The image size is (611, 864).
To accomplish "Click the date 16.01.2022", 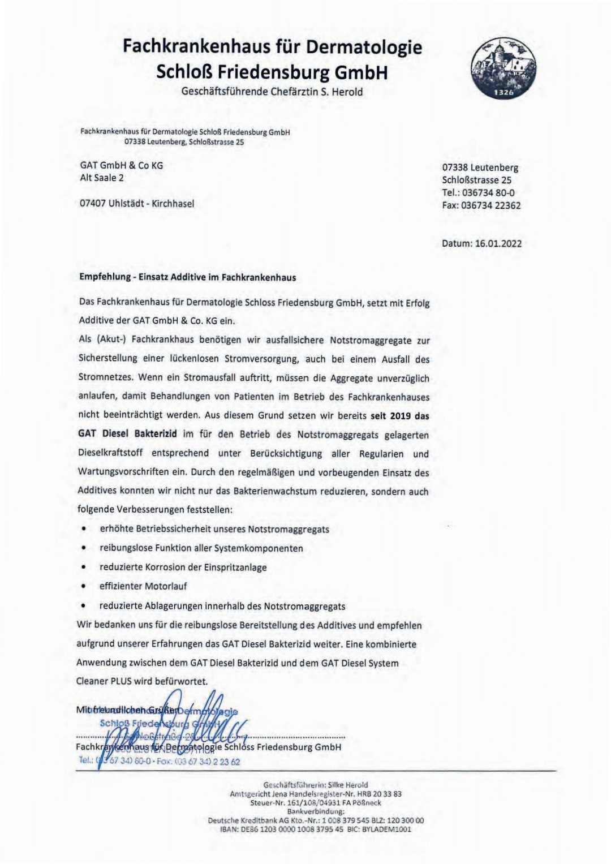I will click(x=498, y=244).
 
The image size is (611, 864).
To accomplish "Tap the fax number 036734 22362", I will click(x=491, y=205).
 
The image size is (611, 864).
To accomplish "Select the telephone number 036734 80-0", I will click(x=488, y=193).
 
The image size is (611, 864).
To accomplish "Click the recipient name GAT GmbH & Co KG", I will click(x=122, y=165).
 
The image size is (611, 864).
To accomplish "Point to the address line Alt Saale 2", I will click(x=102, y=178).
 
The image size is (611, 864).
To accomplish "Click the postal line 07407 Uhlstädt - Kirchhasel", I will click(x=137, y=203).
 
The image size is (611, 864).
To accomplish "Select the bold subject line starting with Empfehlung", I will click(x=187, y=278).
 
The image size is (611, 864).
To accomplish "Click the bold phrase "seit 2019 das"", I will click(x=399, y=416).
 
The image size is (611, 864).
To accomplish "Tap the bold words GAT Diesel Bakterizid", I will click(x=127, y=435).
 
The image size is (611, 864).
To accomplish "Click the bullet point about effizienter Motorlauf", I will click(x=143, y=586).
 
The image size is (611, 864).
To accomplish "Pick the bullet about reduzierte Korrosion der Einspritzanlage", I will click(x=183, y=567).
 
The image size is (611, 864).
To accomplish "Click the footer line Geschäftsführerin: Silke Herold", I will click(x=316, y=785).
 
